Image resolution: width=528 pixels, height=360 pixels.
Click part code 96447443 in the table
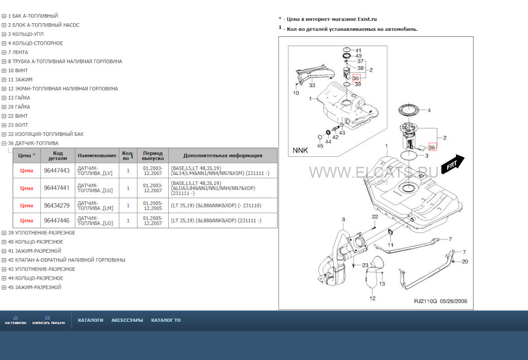click(x=57, y=171)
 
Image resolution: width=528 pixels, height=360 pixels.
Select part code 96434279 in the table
click(x=57, y=205)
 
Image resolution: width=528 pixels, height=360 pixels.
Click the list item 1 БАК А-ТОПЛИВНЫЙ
click(x=32, y=16)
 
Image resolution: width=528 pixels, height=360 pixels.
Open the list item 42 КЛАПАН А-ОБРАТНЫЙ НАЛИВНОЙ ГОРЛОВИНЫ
click(x=66, y=260)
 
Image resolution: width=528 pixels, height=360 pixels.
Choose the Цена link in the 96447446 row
click(x=26, y=221)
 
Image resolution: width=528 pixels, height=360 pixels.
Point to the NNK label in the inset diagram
click(x=300, y=150)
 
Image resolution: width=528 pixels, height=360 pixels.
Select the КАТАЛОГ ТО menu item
click(x=166, y=320)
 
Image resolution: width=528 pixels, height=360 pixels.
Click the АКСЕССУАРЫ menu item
click(x=127, y=320)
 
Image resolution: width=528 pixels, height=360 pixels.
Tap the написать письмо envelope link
click(x=48, y=320)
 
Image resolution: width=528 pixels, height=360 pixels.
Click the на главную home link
click(x=15, y=320)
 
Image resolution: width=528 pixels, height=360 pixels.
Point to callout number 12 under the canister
click(x=372, y=298)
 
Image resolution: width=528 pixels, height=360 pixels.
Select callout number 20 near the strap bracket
click(x=465, y=262)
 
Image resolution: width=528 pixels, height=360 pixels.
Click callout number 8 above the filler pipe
click(x=343, y=220)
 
